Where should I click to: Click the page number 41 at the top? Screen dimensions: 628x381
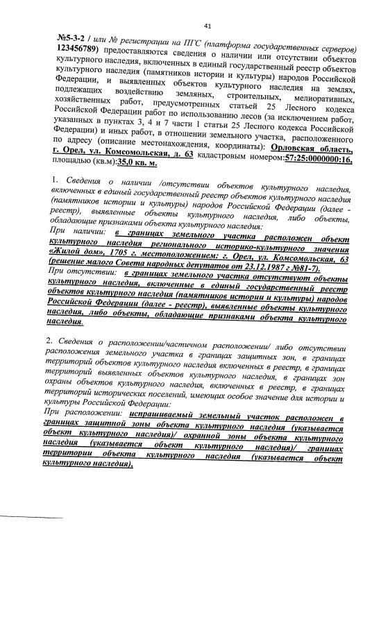[207, 26]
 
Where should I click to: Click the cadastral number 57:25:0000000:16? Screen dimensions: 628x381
[308, 153]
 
